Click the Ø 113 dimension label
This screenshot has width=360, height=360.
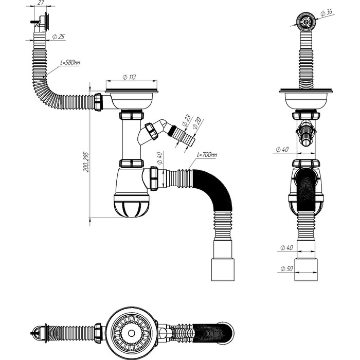(129, 77)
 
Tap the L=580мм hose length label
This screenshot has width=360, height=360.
(69, 63)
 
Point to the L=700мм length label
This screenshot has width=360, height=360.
(206, 155)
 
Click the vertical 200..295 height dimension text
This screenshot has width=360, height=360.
(86, 162)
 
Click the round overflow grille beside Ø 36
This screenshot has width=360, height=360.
(305, 21)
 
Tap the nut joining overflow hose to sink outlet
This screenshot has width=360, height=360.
(98, 102)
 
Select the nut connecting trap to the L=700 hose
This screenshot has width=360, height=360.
(154, 179)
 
